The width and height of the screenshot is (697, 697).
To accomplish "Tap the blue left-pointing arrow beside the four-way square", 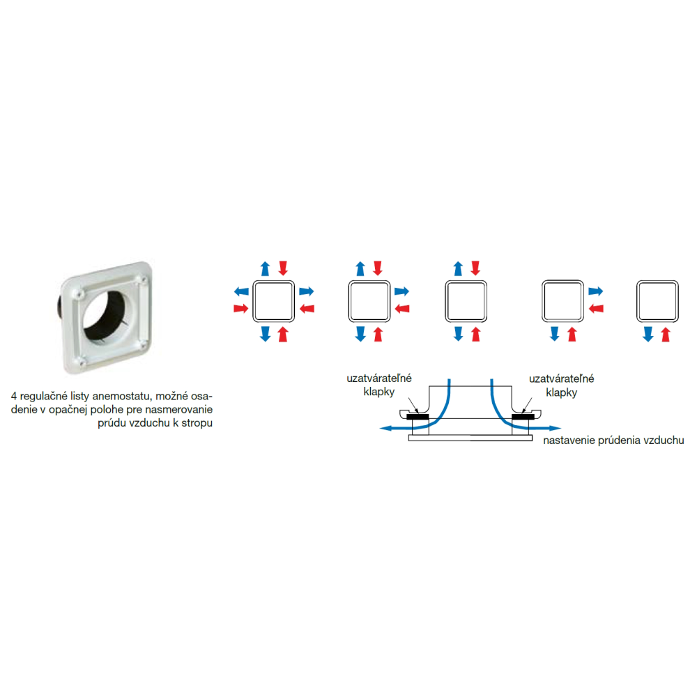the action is [x=241, y=291].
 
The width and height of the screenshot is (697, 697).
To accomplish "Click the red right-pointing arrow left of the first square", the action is [x=241, y=309].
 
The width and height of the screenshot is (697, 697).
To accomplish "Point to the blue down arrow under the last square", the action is [x=648, y=334].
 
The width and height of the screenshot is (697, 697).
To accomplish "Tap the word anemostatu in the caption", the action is [x=121, y=396].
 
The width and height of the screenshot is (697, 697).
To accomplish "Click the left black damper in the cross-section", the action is [x=418, y=417].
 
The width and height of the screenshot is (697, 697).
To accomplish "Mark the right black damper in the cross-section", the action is [x=523, y=417].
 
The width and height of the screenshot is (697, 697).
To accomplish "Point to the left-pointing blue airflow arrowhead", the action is [x=385, y=428].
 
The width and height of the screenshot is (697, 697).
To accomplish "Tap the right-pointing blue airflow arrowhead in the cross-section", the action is [x=556, y=429].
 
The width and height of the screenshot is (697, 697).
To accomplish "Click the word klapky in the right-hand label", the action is [x=561, y=392].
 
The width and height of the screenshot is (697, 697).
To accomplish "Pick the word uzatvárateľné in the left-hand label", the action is [x=379, y=378].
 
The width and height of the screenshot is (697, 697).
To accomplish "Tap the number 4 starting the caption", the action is [x=14, y=396].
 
